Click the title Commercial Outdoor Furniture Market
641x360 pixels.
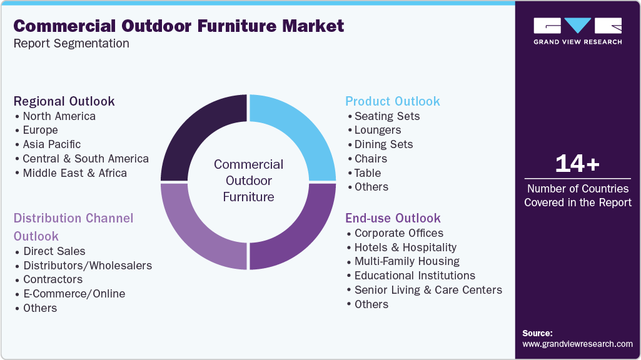coord(179,26)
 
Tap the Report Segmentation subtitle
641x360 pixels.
coord(71,44)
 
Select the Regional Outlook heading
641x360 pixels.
coord(64,101)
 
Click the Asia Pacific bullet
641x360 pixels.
coord(52,144)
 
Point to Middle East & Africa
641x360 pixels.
coord(74,173)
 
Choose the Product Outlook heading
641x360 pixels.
coord(393,101)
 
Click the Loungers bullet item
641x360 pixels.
coord(378,130)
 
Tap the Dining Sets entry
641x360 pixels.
coord(383,144)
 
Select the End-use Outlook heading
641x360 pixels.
coord(393,218)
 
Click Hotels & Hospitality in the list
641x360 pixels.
coord(405,247)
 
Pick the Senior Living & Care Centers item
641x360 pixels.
coord(428,290)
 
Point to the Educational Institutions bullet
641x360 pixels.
coord(415,276)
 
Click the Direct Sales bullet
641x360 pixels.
coord(54,251)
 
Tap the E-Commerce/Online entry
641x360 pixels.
coord(74,294)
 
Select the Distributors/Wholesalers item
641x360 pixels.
coord(88,266)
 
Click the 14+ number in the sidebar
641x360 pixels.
coord(577,164)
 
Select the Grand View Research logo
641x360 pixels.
coord(577,31)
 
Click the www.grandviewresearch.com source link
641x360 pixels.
coord(577,344)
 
